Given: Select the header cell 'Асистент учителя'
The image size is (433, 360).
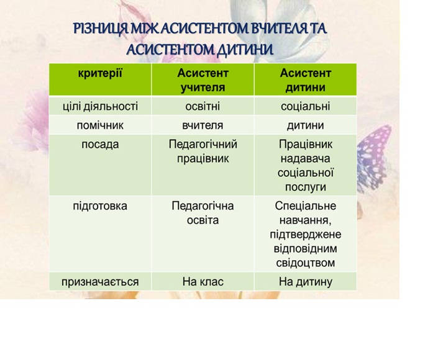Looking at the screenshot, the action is (203, 80).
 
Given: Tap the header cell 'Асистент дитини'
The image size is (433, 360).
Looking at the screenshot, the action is (306, 80).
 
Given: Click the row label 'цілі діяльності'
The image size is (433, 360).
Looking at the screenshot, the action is (100, 107).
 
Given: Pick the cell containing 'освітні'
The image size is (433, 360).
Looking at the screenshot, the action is (203, 107).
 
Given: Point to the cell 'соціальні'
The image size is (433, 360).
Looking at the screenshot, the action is (306, 107).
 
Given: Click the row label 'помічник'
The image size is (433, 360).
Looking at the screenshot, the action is (100, 125).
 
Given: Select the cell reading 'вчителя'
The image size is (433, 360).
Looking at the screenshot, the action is (203, 125).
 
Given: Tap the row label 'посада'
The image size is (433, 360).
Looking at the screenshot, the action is (100, 145).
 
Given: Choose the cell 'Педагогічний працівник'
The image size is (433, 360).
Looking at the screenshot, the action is (203, 151).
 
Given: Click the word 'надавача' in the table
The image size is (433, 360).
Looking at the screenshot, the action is (306, 159).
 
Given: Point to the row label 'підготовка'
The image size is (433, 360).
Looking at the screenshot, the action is (100, 206).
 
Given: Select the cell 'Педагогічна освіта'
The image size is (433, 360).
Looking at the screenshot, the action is (203, 213).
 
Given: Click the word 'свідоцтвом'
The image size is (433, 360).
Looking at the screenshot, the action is (306, 263).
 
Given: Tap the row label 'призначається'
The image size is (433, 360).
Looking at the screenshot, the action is (100, 282).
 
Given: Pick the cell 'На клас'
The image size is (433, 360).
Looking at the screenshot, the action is (203, 282).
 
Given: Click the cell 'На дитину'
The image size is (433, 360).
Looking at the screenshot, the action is (306, 282).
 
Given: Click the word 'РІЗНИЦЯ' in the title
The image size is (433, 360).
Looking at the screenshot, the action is (101, 29).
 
